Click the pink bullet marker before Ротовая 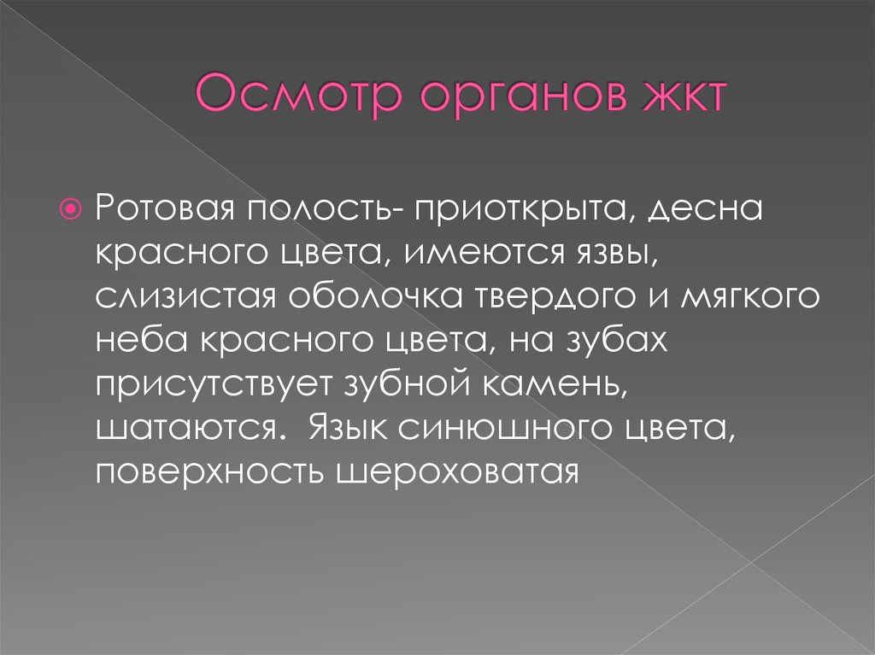pyautogui.click(x=73, y=208)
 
